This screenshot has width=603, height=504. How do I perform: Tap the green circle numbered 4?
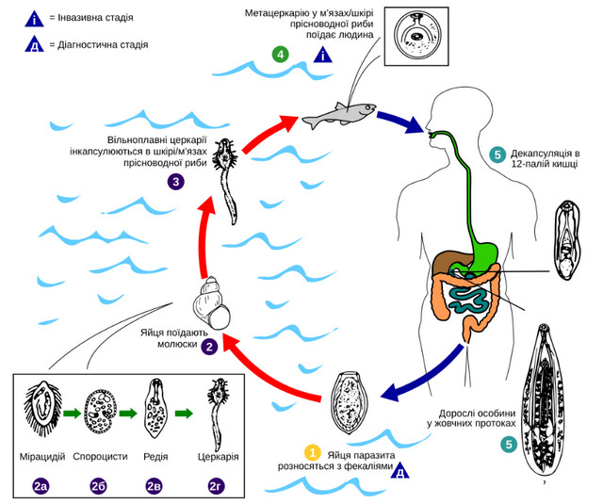280,54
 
